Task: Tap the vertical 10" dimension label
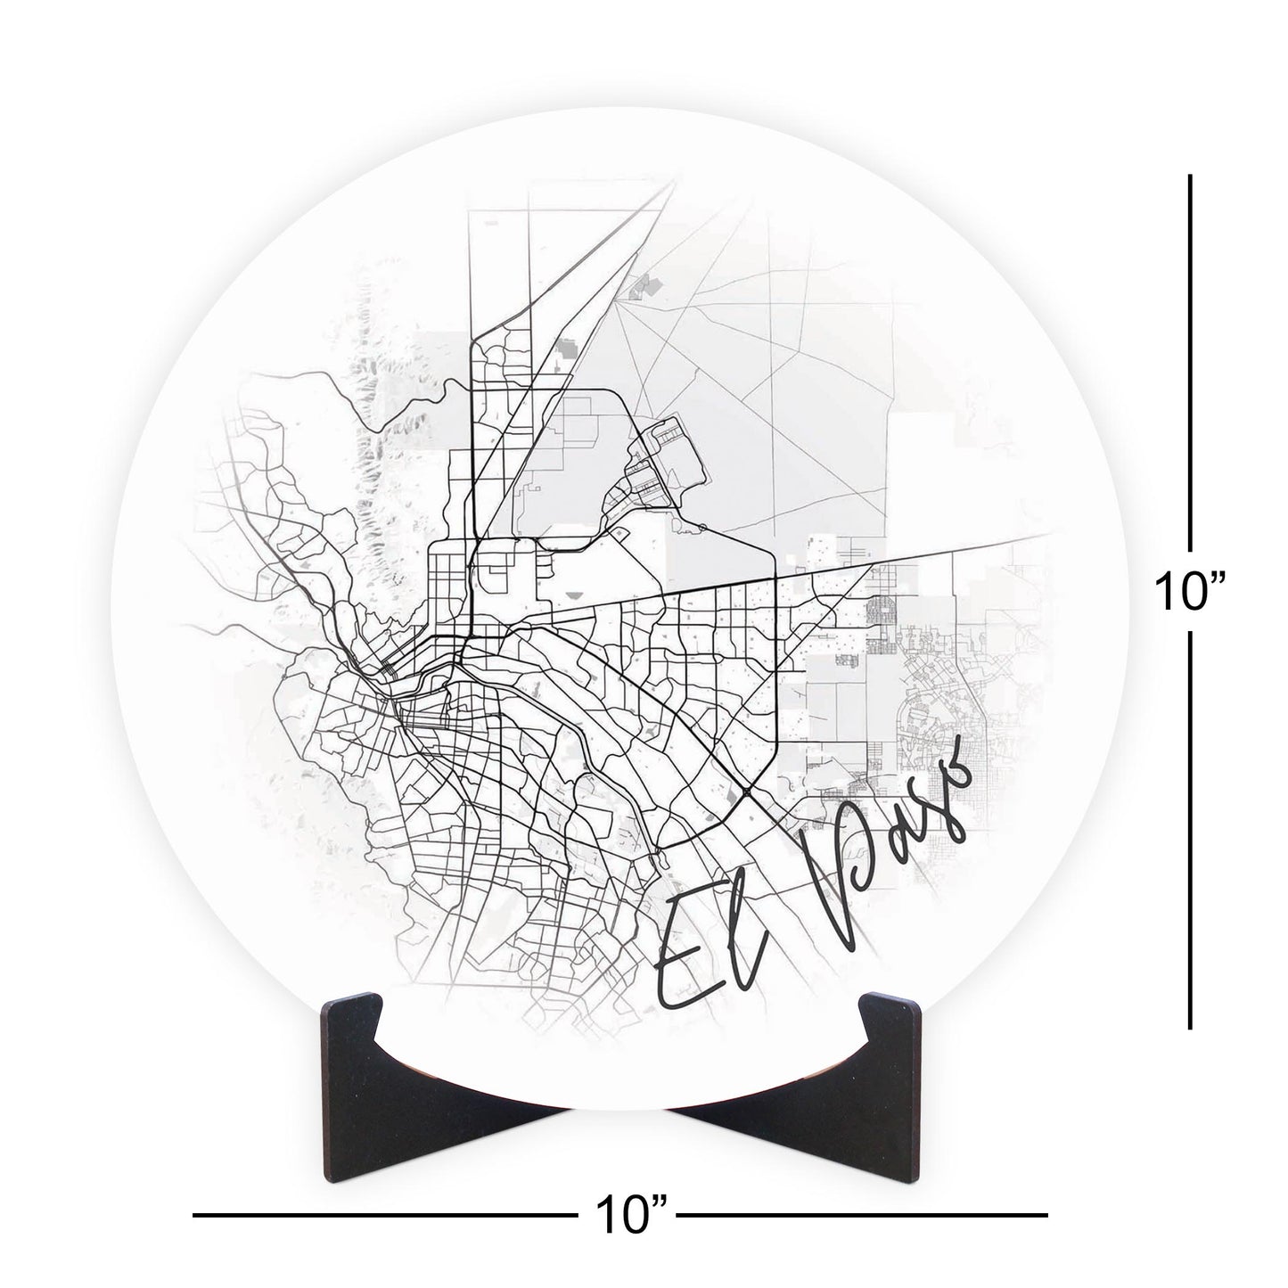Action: [x=1189, y=591]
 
